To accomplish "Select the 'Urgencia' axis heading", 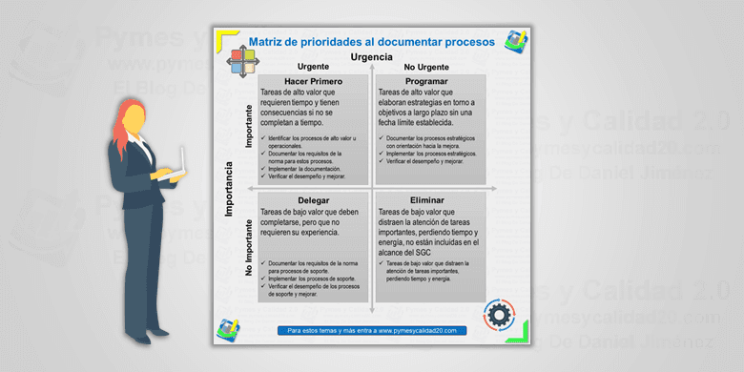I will [371, 56].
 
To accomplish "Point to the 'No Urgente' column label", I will [425, 67].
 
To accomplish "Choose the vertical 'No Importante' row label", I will [249, 249].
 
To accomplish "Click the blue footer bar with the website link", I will [373, 330].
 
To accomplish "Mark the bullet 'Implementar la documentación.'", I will [302, 171].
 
